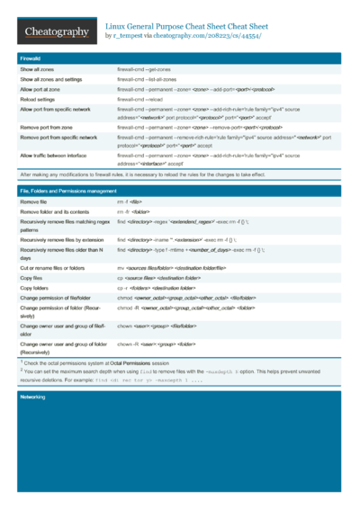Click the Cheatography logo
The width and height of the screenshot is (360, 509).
tap(56, 33)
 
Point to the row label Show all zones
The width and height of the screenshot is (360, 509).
tap(39, 69)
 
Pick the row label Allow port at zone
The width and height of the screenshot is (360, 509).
tap(42, 89)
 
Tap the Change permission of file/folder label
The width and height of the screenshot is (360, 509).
tap(61, 302)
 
